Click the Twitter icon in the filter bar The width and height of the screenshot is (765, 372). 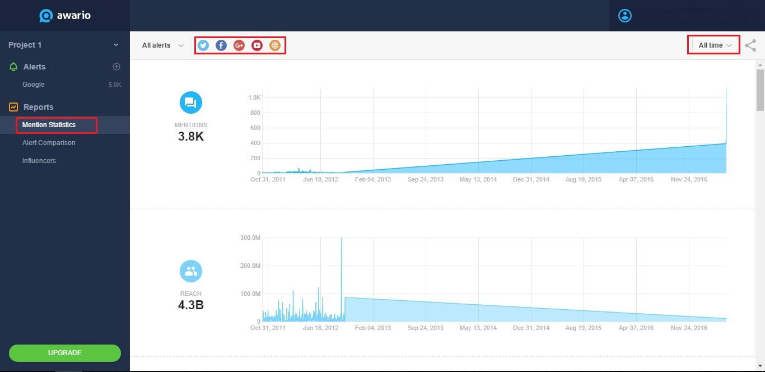203,45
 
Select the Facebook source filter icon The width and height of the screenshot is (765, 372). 221,45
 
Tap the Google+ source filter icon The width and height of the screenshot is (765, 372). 239,45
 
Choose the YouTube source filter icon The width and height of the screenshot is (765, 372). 257,45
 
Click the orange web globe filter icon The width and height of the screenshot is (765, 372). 274,45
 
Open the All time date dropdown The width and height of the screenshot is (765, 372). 714,45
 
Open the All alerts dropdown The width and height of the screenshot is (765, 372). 162,45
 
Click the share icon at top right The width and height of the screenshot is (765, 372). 750,45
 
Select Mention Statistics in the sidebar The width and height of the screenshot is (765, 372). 49,125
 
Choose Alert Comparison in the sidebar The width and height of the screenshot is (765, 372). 49,143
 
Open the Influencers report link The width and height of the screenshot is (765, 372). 39,161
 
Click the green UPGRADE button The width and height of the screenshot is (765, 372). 65,353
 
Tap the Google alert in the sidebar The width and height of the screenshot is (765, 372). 34,85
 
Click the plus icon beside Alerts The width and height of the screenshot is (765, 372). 116,67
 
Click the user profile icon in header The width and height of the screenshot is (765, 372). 624,16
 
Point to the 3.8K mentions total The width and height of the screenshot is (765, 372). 191,136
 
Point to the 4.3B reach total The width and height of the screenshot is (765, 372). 191,305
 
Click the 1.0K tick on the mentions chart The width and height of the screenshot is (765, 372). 254,97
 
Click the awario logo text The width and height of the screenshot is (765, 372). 73,16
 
